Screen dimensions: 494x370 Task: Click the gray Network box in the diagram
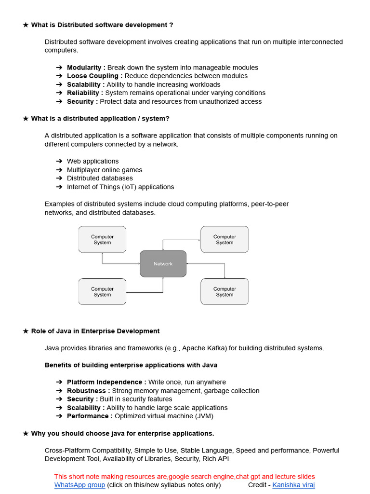point(163,264)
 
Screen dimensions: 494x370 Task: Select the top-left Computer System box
point(102,240)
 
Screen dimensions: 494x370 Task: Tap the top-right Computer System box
point(225,240)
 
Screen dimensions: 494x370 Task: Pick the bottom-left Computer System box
point(102,292)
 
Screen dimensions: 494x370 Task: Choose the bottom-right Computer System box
point(225,292)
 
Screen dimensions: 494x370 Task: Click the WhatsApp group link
point(79,485)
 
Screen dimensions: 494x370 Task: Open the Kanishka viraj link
point(293,485)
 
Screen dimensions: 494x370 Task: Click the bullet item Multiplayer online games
point(105,170)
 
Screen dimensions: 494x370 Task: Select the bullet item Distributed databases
point(100,178)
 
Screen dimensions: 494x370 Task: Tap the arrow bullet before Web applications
point(59,161)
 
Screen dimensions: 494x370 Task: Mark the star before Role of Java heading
point(26,331)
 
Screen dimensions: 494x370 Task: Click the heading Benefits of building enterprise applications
point(131,365)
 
